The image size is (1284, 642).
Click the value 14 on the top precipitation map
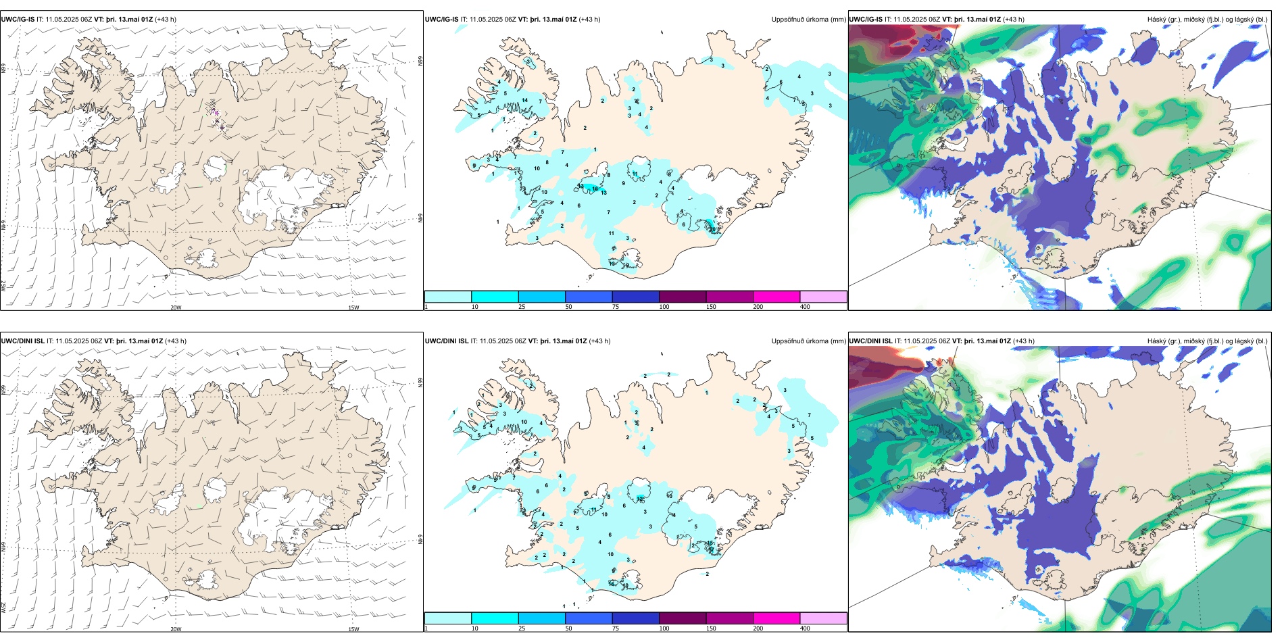coord(525,100)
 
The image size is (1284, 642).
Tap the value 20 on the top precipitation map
coord(713,229)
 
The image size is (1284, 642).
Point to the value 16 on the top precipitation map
coord(595,189)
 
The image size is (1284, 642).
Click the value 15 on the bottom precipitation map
coord(710,543)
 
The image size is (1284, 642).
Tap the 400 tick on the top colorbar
coord(805,307)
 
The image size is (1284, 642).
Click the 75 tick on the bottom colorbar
coord(616,628)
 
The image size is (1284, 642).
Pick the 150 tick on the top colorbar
coord(711,307)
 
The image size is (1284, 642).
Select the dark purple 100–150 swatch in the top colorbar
coord(683,297)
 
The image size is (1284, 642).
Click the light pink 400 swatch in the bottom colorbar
coord(823,618)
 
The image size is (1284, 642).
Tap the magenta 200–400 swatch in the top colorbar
coord(776,297)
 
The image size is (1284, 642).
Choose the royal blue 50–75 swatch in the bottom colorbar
coord(589,618)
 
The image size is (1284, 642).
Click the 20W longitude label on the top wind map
coord(176,307)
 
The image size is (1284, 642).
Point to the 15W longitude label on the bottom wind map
coord(353,629)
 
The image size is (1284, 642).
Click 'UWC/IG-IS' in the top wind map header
coord(18,20)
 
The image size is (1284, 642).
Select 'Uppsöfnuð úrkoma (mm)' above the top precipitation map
coord(808,20)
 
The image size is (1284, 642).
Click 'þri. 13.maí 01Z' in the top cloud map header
coord(976,20)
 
